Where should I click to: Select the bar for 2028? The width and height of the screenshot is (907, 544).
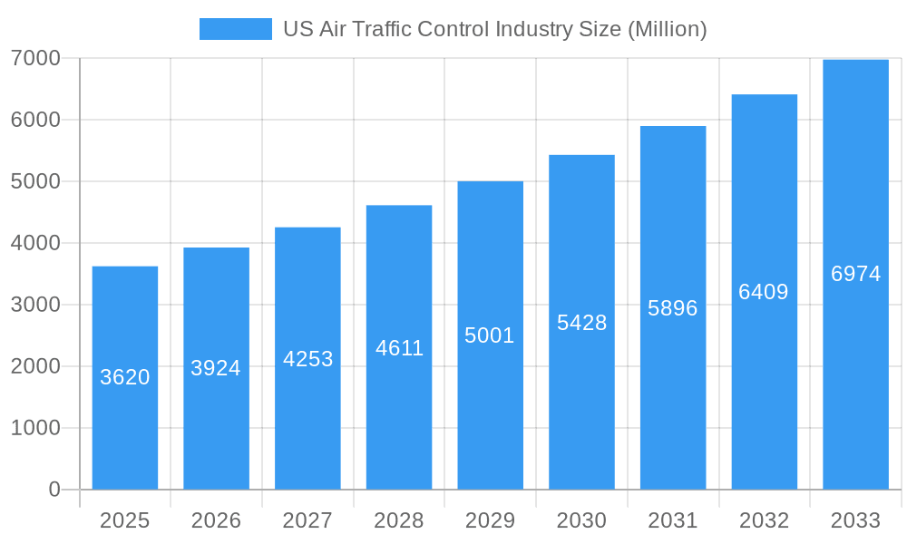[x=399, y=347]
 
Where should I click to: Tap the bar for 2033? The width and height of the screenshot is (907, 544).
[x=855, y=274]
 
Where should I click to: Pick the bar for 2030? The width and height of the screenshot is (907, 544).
[x=581, y=322]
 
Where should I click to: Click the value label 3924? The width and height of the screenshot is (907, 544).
[x=216, y=368]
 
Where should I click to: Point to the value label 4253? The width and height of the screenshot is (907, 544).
[x=307, y=359]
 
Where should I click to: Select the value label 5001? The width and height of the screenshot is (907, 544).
[x=490, y=335]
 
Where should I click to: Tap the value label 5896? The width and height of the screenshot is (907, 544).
[x=673, y=308]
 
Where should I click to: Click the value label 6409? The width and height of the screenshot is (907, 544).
[x=764, y=292]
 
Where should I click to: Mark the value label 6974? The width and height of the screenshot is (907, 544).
[x=855, y=274]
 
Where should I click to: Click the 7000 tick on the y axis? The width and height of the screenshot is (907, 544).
[x=35, y=58]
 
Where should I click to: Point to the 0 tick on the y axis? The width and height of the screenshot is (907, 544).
[x=54, y=490]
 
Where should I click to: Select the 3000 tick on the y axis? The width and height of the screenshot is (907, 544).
[x=35, y=305]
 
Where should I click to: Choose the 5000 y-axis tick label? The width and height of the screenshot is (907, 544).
[x=35, y=181]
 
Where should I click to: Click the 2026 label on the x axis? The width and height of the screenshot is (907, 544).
[x=216, y=520]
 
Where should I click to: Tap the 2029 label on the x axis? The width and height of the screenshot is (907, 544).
[x=490, y=520]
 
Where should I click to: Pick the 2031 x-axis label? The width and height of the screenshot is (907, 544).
[x=673, y=520]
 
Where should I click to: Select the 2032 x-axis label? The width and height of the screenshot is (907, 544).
[x=764, y=520]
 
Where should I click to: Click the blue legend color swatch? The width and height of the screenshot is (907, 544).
[x=236, y=29]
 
